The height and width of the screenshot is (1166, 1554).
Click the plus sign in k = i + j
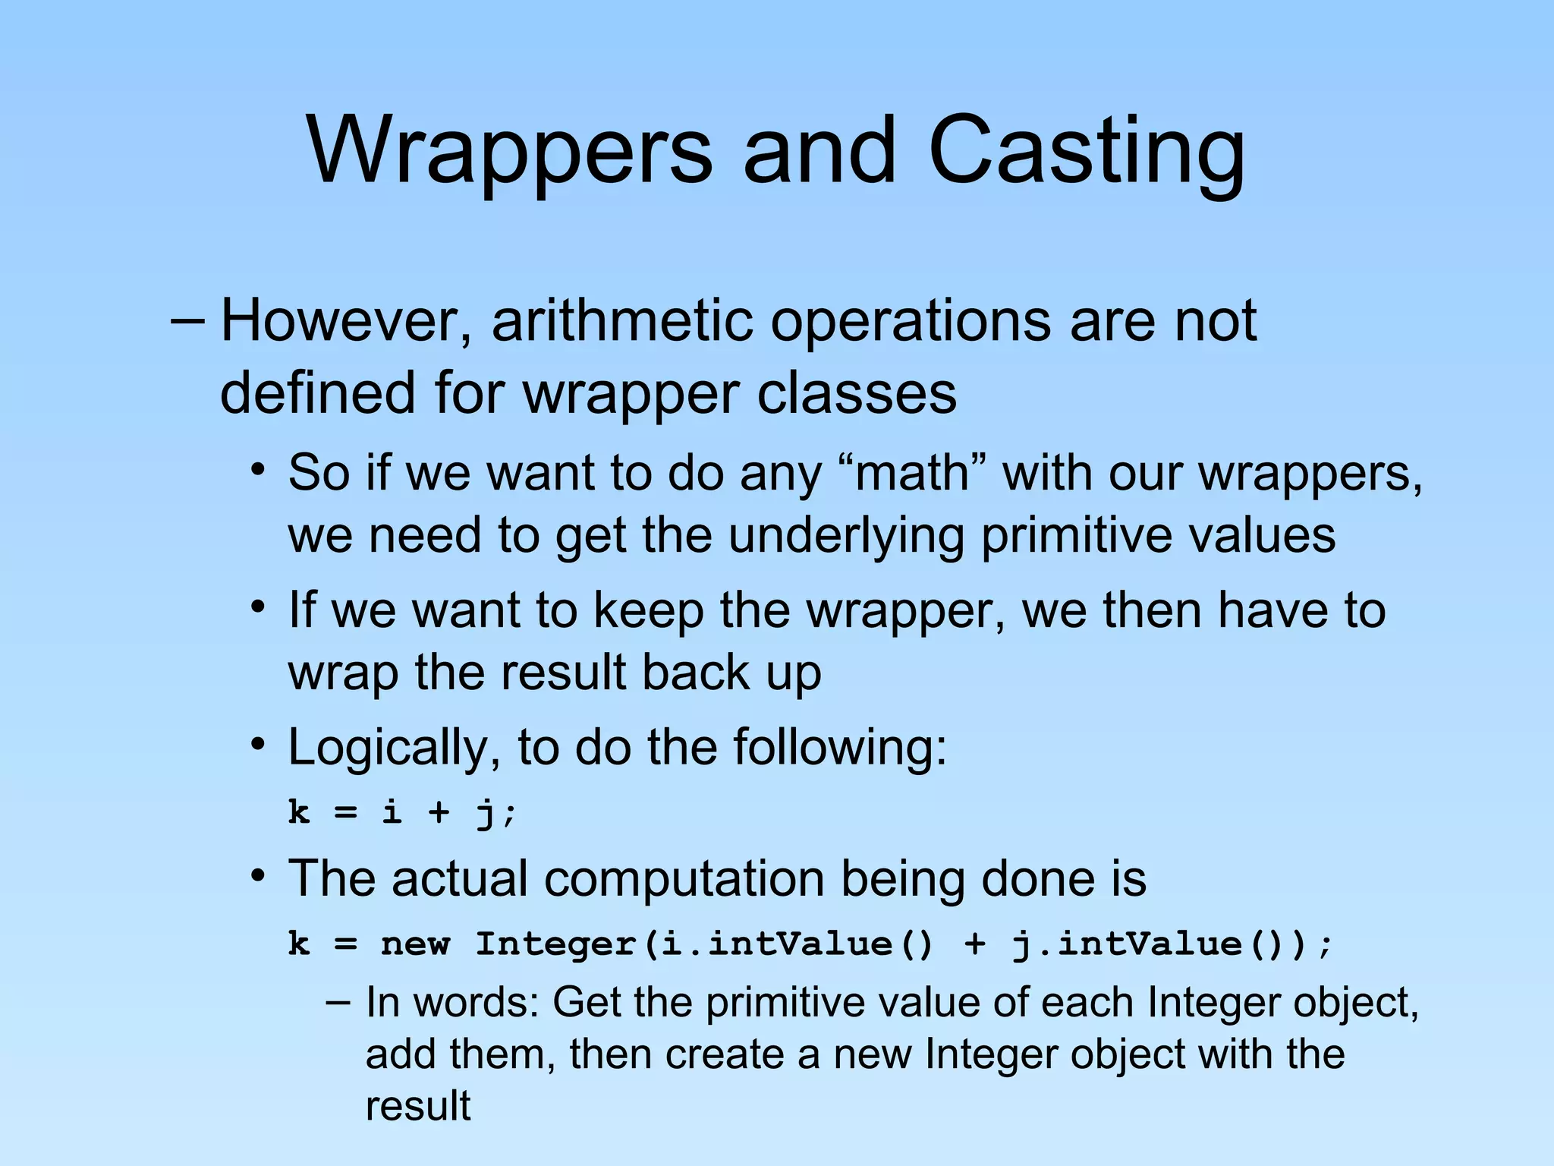click(439, 812)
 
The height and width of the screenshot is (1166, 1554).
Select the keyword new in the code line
click(415, 944)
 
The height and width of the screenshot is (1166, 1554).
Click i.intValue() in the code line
click(797, 944)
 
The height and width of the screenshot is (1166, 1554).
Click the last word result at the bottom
click(418, 1105)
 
